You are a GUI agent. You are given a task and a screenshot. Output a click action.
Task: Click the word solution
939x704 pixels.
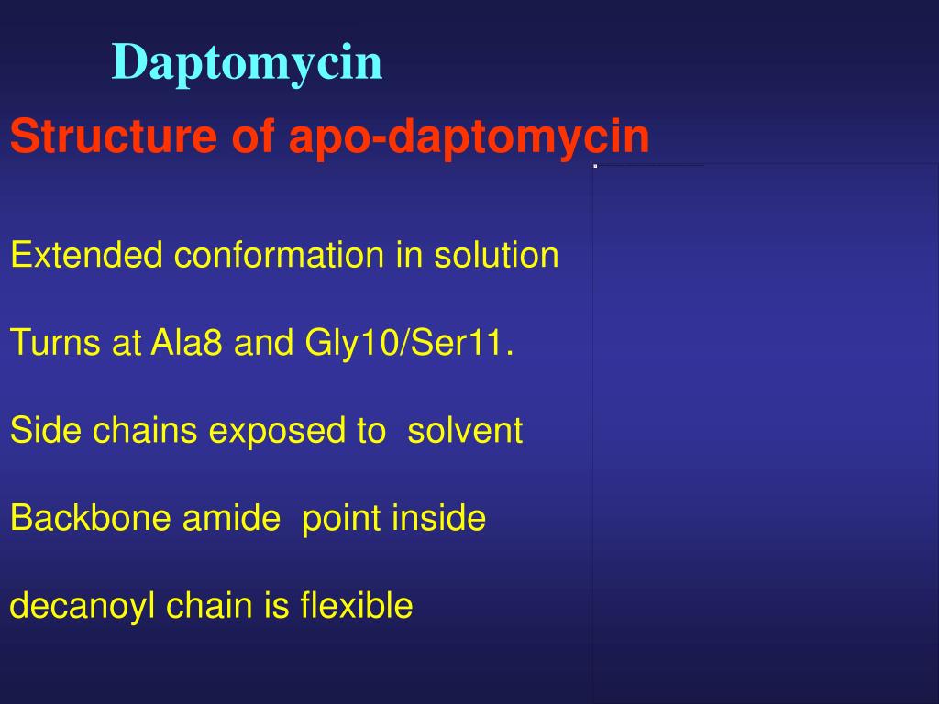(x=496, y=255)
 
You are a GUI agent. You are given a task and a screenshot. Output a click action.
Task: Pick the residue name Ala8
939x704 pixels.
(x=187, y=344)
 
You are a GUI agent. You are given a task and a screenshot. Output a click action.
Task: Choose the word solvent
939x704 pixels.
(x=465, y=431)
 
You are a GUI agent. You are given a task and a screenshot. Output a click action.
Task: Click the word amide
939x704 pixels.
(x=231, y=519)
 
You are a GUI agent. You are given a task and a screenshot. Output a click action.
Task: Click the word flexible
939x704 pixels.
(x=357, y=606)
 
